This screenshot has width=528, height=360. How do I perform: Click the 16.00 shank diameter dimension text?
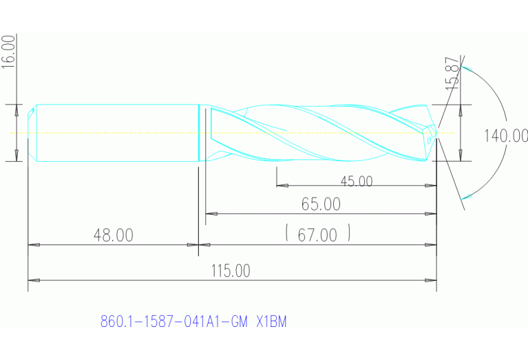pos(8,50)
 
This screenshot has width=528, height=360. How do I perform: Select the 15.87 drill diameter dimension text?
pos(452,72)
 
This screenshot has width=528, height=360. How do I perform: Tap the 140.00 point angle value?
pos(505,136)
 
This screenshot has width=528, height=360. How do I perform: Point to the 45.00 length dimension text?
pos(357,182)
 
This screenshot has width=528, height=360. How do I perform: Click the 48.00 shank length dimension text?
pos(114,235)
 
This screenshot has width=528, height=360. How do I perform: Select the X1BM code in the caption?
pos(271,321)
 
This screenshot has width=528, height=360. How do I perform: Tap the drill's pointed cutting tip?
pos(435,133)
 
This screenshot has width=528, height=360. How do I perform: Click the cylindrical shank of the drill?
pos(117,133)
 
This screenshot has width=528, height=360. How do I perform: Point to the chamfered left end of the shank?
pos(32,133)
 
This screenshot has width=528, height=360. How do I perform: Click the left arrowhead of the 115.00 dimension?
pos(32,281)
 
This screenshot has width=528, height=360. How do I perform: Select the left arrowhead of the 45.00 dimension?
pos(281,185)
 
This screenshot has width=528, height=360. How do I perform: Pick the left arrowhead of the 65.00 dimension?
pos(211,214)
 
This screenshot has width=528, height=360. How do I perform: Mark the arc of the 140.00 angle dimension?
pos(500,110)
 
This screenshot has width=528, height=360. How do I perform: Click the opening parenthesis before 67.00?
pos(286,235)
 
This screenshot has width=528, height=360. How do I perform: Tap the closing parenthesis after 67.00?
pos(350,235)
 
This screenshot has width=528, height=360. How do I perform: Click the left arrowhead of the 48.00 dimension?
pos(32,244)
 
